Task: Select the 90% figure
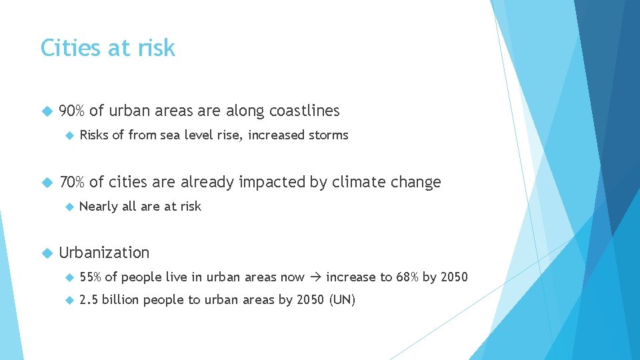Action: click(72, 111)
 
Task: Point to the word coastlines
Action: click(304, 111)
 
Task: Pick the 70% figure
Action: click(72, 182)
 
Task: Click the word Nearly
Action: click(98, 207)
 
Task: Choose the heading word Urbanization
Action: click(104, 253)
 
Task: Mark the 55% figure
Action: click(90, 277)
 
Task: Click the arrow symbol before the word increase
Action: click(315, 277)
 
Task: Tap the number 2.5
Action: click(88, 300)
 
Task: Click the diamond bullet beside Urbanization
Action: click(46, 253)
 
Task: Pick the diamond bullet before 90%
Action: click(46, 111)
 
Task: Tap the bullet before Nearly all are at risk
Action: click(68, 207)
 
